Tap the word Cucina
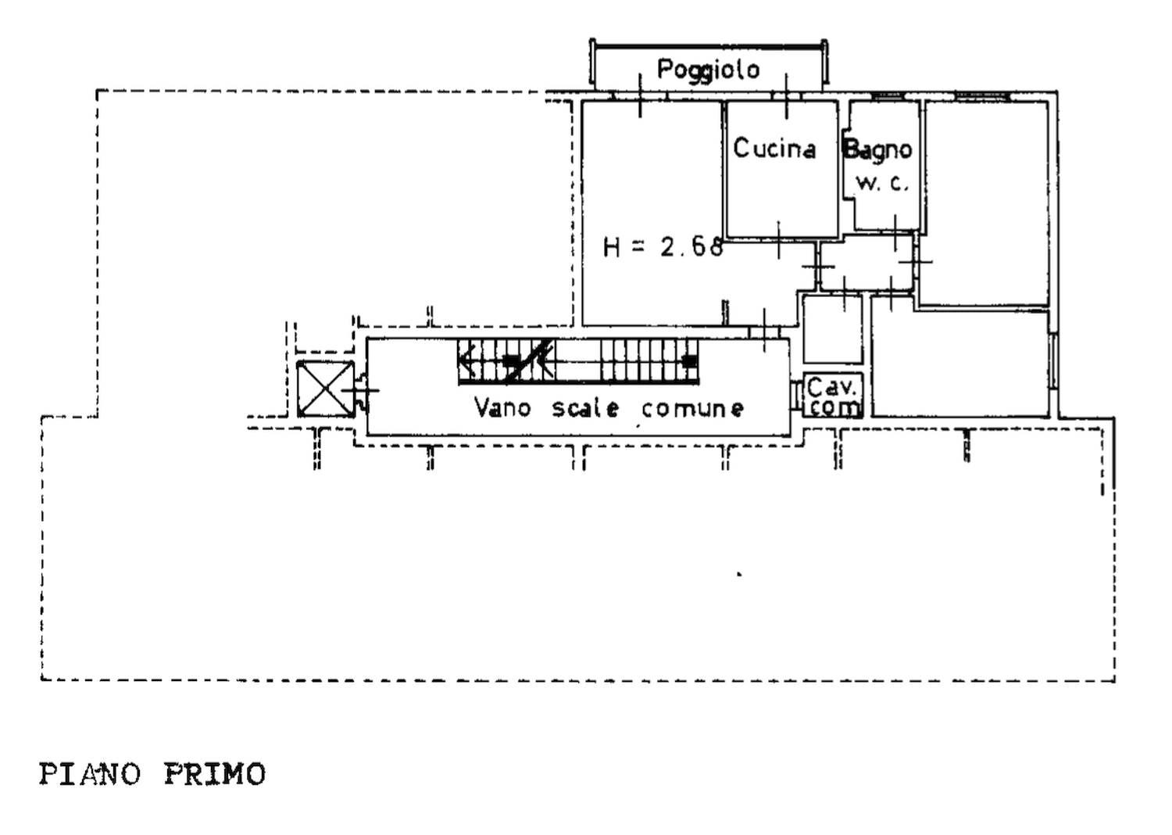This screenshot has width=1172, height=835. [x=774, y=148]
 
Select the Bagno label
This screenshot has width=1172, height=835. [x=878, y=150]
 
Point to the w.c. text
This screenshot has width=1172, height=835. [x=882, y=184]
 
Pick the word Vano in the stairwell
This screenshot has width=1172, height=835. [x=502, y=407]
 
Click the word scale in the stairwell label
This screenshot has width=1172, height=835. [x=586, y=408]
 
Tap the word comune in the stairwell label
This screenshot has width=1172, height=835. [x=693, y=409]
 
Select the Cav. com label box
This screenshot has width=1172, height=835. [x=833, y=396]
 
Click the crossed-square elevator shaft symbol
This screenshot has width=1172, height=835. [x=326, y=389]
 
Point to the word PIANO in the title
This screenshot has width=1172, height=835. [x=90, y=774]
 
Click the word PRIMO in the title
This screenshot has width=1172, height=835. [x=215, y=774]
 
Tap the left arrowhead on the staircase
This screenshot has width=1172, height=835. [x=467, y=360]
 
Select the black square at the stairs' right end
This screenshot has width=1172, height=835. [x=691, y=360]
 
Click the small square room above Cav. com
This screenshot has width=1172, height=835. [x=832, y=329]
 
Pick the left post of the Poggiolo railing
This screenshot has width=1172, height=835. [x=593, y=62]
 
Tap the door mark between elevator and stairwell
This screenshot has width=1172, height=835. [x=361, y=390]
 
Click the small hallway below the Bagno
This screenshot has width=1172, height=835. [x=866, y=262]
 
